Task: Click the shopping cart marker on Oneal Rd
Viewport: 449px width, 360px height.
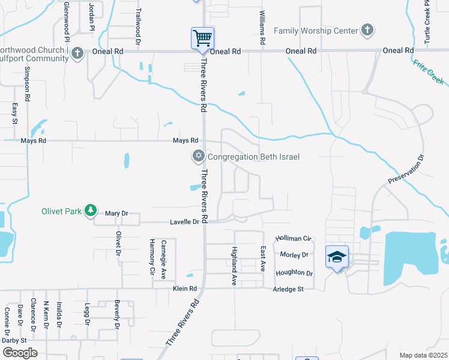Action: click(x=203, y=39)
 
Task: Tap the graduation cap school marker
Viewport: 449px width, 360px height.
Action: click(x=337, y=257)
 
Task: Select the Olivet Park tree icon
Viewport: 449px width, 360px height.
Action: click(x=90, y=211)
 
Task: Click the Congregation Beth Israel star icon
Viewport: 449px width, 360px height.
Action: click(x=198, y=157)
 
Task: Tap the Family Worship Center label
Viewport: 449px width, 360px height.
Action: click(x=315, y=30)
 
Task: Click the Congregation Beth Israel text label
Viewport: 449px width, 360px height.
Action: click(x=253, y=157)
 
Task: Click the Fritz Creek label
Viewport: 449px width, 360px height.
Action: click(x=428, y=71)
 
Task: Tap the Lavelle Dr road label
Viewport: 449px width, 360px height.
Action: click(x=187, y=222)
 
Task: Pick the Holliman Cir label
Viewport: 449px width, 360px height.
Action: click(x=294, y=239)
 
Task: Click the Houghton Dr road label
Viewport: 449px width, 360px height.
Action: click(x=294, y=273)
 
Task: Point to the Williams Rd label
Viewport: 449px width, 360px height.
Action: click(x=262, y=28)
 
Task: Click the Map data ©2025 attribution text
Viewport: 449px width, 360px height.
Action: click(x=423, y=355)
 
